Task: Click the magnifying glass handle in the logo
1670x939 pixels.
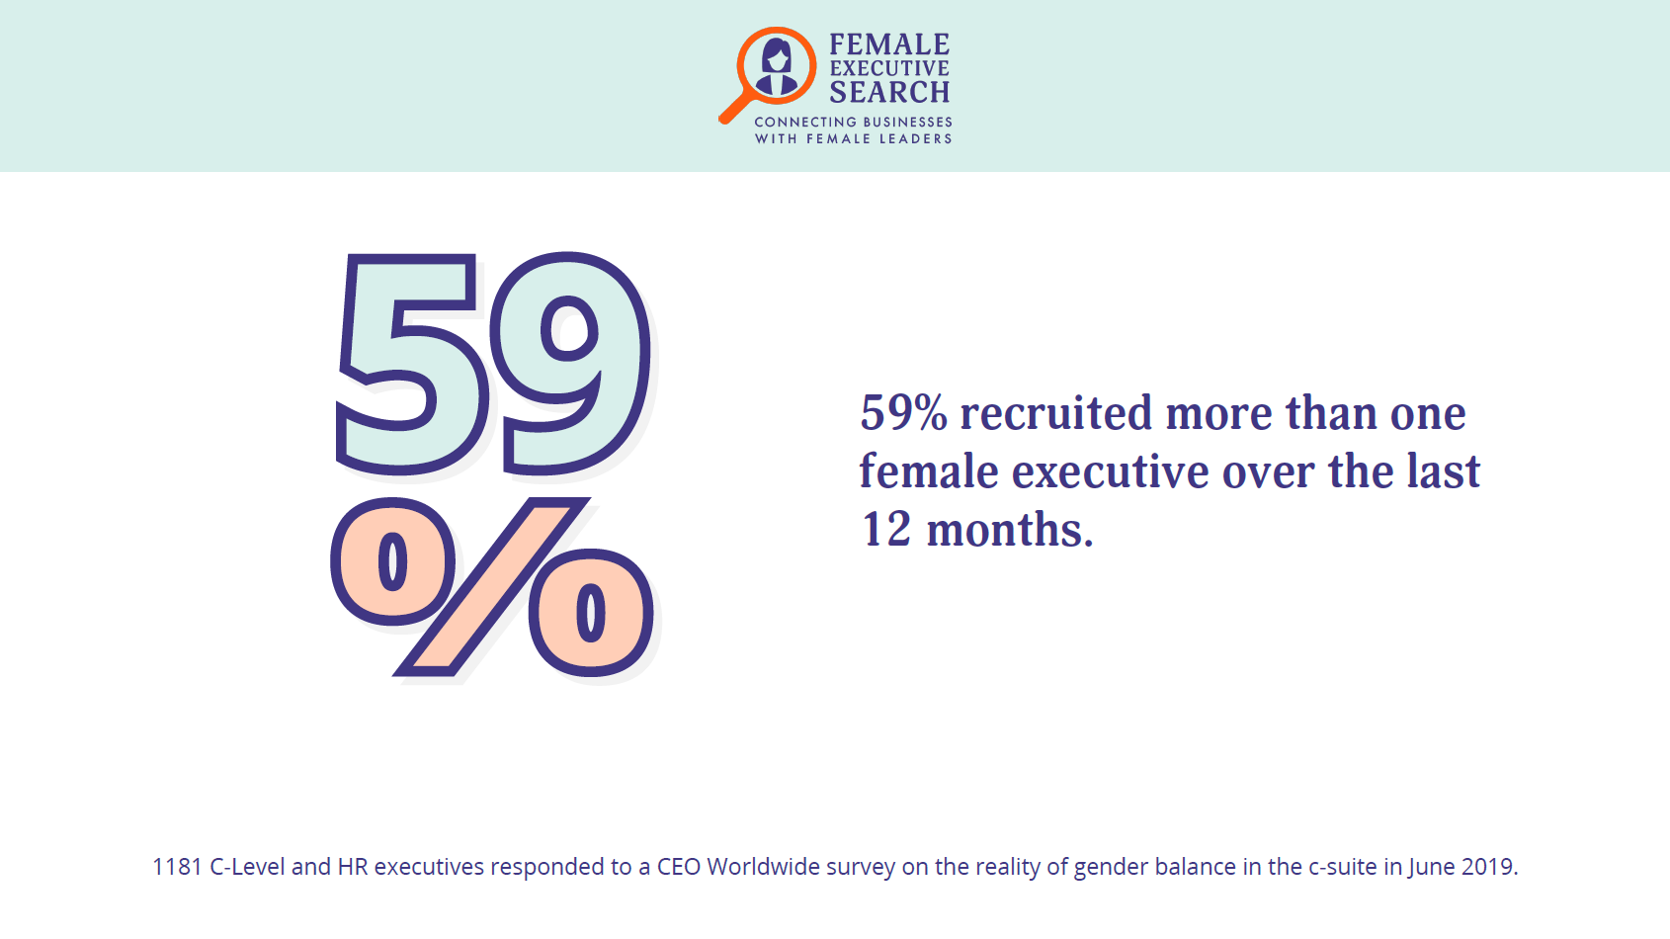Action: click(735, 109)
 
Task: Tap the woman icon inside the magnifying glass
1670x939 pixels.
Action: click(777, 66)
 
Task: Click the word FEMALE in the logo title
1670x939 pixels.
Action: click(889, 44)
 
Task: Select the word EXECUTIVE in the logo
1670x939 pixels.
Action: click(889, 68)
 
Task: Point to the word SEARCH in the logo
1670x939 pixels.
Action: click(889, 93)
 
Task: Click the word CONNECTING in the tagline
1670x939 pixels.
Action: click(805, 122)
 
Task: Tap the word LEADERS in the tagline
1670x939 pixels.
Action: click(917, 138)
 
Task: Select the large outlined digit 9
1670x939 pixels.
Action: click(571, 363)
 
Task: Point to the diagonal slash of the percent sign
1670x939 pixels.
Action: click(492, 587)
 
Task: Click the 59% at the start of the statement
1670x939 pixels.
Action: click(903, 413)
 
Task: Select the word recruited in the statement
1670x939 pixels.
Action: click(1055, 412)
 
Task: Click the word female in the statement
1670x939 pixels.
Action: click(929, 471)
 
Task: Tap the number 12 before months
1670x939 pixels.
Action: click(885, 530)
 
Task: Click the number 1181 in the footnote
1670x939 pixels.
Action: click(178, 867)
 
